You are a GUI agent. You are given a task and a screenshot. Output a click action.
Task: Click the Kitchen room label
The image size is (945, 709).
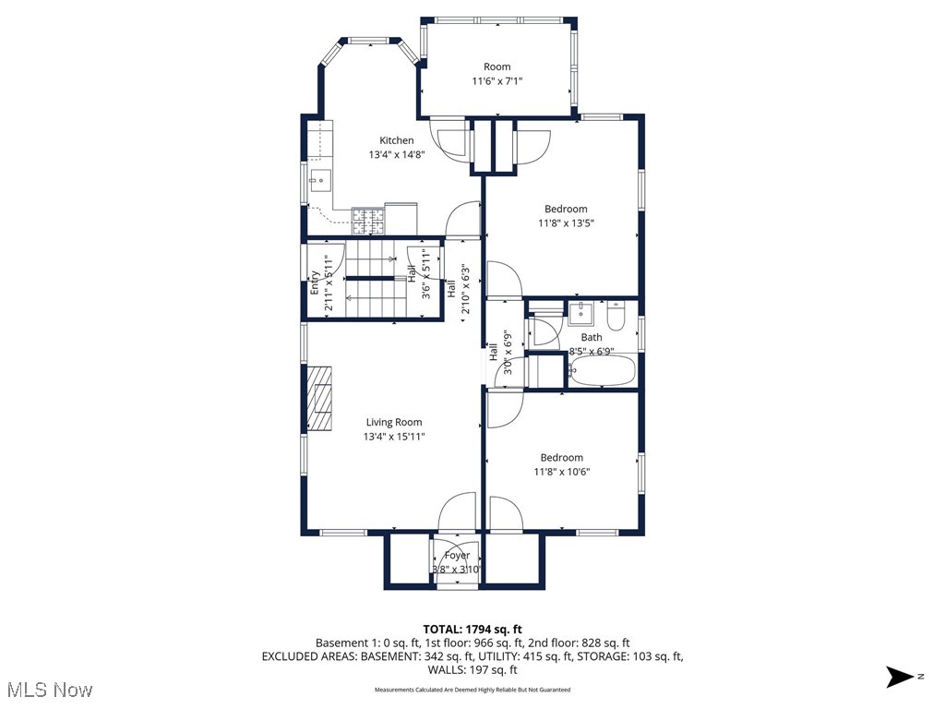pyautogui.click(x=397, y=140)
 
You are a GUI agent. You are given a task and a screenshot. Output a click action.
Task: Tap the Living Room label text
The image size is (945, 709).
pyautogui.click(x=394, y=422)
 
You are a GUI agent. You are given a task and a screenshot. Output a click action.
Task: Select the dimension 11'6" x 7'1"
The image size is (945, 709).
pyautogui.click(x=497, y=81)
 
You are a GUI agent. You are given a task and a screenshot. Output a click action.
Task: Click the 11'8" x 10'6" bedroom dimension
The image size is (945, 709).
pyautogui.click(x=562, y=472)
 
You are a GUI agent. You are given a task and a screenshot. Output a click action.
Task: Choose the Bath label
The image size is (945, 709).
pyautogui.click(x=592, y=338)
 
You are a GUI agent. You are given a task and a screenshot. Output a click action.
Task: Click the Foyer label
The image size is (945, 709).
pyautogui.click(x=457, y=556)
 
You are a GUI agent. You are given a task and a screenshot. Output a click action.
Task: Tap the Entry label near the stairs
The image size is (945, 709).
pyautogui.click(x=316, y=281)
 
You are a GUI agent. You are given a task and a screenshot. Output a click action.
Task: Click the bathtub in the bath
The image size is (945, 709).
pyautogui.click(x=603, y=371)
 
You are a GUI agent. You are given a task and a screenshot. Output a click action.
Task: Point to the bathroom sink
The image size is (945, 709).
pyautogui.click(x=580, y=313)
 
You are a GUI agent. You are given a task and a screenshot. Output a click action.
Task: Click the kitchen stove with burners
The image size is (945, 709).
pyautogui.click(x=367, y=220)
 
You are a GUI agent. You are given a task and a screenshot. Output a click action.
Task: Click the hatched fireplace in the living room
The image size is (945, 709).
pyautogui.click(x=320, y=398)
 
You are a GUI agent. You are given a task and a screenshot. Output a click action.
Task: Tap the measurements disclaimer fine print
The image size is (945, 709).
pyautogui.click(x=472, y=690)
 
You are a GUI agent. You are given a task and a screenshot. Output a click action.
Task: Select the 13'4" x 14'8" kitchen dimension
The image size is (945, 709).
pyautogui.click(x=397, y=155)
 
